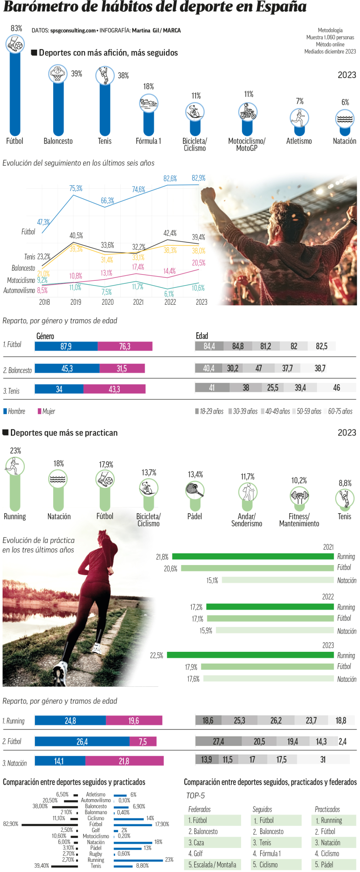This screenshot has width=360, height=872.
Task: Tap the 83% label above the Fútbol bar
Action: click(17, 28)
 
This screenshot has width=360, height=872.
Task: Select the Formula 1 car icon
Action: click(149, 103)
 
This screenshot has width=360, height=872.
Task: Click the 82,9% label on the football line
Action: click(198, 178)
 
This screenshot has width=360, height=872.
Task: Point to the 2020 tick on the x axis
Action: click(107, 302)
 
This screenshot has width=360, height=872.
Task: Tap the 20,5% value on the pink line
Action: click(198, 263)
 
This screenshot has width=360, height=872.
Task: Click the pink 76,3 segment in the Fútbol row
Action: click(125, 346)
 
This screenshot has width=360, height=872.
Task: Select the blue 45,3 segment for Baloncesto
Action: click(67, 368)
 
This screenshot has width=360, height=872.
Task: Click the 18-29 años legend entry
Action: click(209, 411)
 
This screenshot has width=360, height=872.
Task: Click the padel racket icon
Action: click(194, 490)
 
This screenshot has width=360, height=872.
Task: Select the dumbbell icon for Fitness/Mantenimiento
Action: click(299, 496)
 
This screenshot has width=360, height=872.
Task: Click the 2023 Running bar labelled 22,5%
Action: click(250, 655)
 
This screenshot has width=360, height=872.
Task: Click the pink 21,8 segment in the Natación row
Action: click(124, 761)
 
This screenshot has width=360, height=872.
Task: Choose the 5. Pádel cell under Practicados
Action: click(335, 864)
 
